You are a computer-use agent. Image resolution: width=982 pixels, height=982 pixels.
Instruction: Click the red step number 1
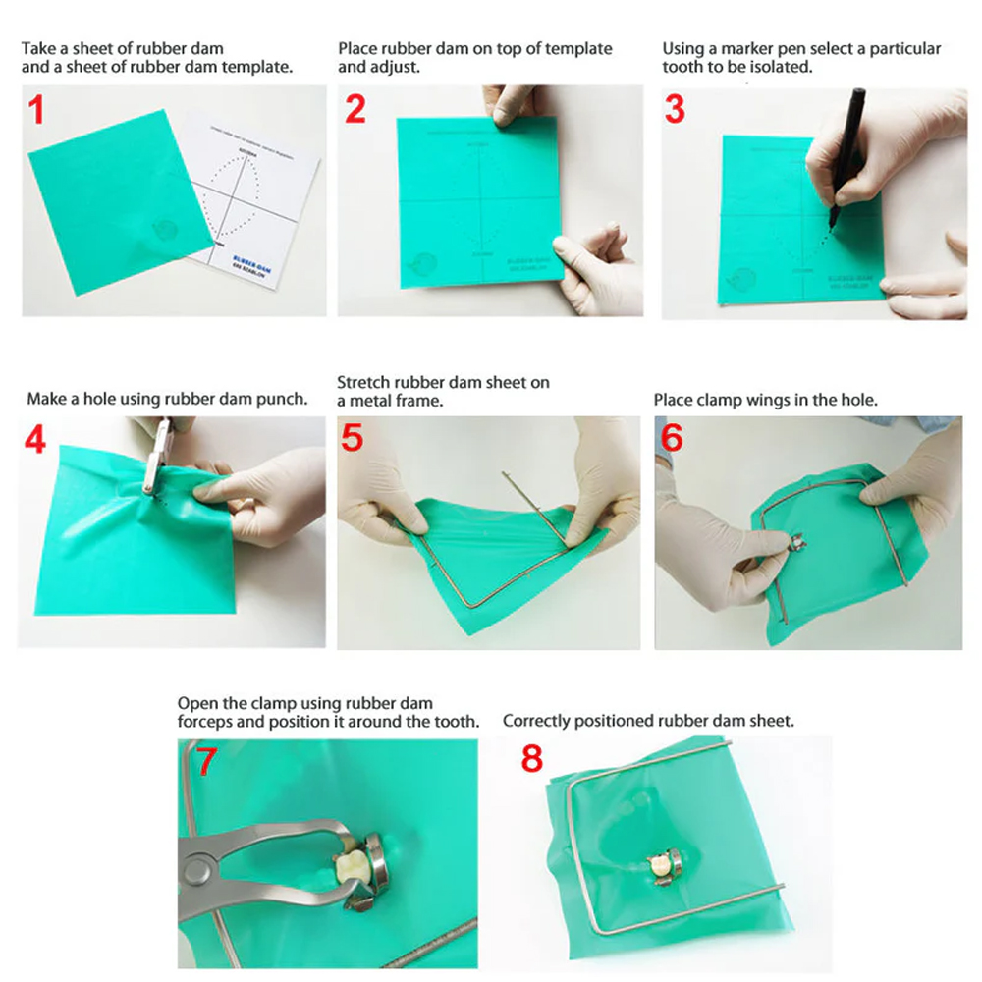[x=36, y=110]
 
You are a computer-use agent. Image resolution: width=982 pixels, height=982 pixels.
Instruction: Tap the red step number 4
[x=35, y=439]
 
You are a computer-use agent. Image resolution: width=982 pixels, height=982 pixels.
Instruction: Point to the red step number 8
[x=531, y=759]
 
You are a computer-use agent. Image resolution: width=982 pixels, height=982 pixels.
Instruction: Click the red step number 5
[x=353, y=437]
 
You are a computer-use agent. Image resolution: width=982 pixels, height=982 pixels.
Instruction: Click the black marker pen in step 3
[x=846, y=147]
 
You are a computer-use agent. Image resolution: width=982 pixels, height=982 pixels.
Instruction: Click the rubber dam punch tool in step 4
[x=153, y=457]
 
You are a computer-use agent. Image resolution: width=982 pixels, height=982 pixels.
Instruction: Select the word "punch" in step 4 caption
[x=282, y=399]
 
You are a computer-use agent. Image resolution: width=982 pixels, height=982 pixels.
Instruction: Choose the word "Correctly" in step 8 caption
[x=536, y=721]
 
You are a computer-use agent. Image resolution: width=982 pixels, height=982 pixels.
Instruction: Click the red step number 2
[x=355, y=109]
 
